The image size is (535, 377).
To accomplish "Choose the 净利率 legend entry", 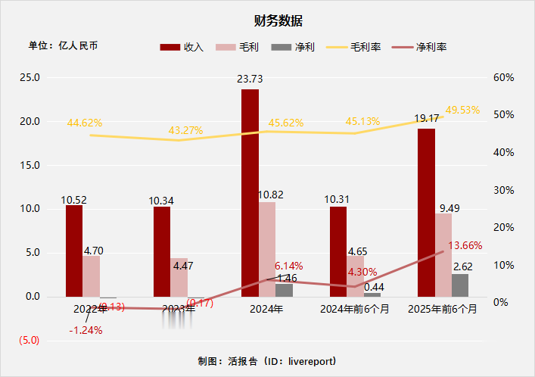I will pyautogui.click(x=419, y=47).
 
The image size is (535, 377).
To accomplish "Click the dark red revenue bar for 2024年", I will pyautogui.click(x=250, y=192).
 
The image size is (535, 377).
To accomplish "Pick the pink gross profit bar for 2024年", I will pyautogui.click(x=267, y=249).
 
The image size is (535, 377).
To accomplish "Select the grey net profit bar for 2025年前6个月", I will pyautogui.click(x=460, y=285).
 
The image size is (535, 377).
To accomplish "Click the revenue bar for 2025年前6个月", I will pyautogui.click(x=426, y=212).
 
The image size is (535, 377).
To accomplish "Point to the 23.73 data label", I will pyautogui.click(x=250, y=79).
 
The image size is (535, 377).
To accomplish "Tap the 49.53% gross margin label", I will pyautogui.click(x=462, y=110).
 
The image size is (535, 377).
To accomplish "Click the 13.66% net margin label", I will pyautogui.click(x=465, y=245).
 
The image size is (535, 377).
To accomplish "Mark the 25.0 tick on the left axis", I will pyautogui.click(x=30, y=78).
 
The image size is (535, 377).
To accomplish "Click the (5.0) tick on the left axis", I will pyautogui.click(x=30, y=341).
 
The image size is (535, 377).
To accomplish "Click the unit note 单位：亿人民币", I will pyautogui.click(x=64, y=45).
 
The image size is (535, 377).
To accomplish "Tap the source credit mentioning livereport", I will pyautogui.click(x=266, y=361).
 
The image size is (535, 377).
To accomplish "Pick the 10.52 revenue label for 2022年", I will pyautogui.click(x=74, y=201).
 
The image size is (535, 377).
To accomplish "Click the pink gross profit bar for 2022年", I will pyautogui.click(x=92, y=276).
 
